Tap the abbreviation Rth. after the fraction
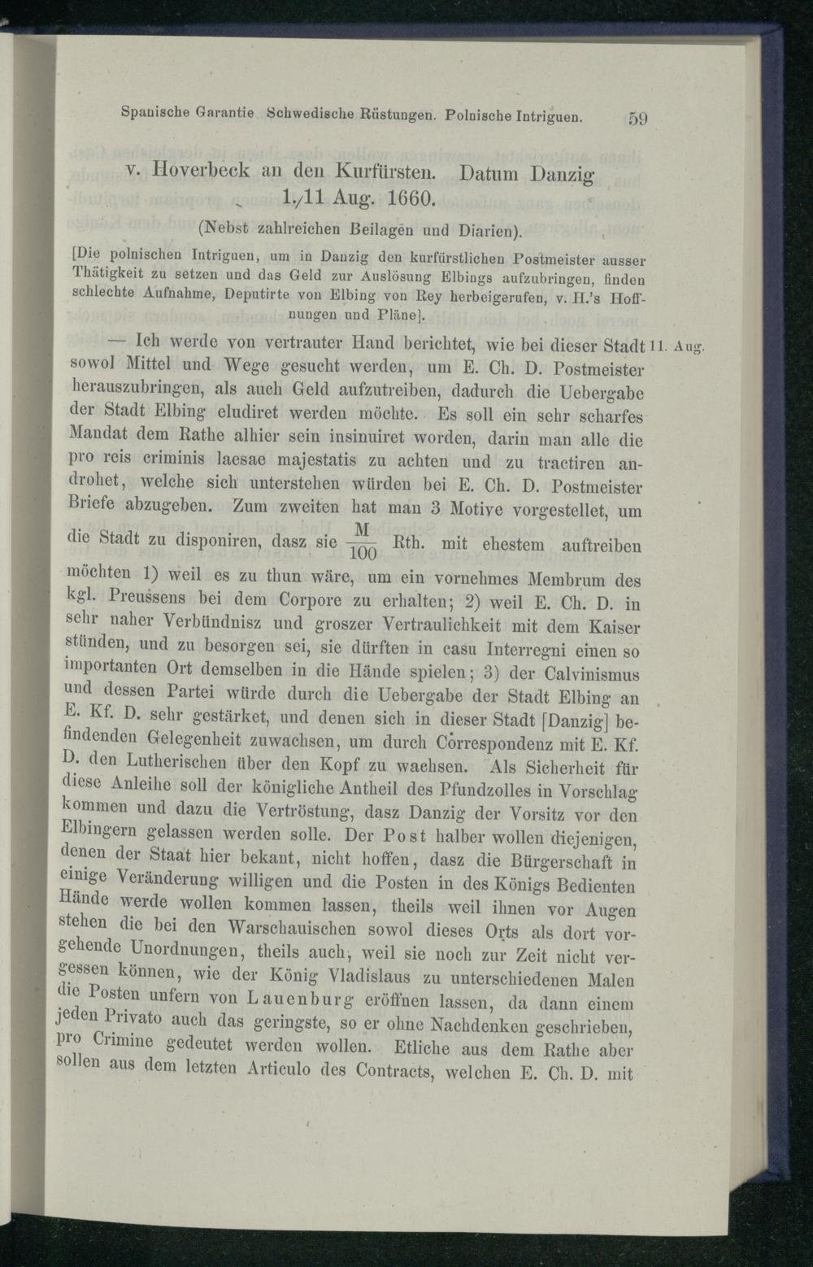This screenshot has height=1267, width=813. tap(407, 542)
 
